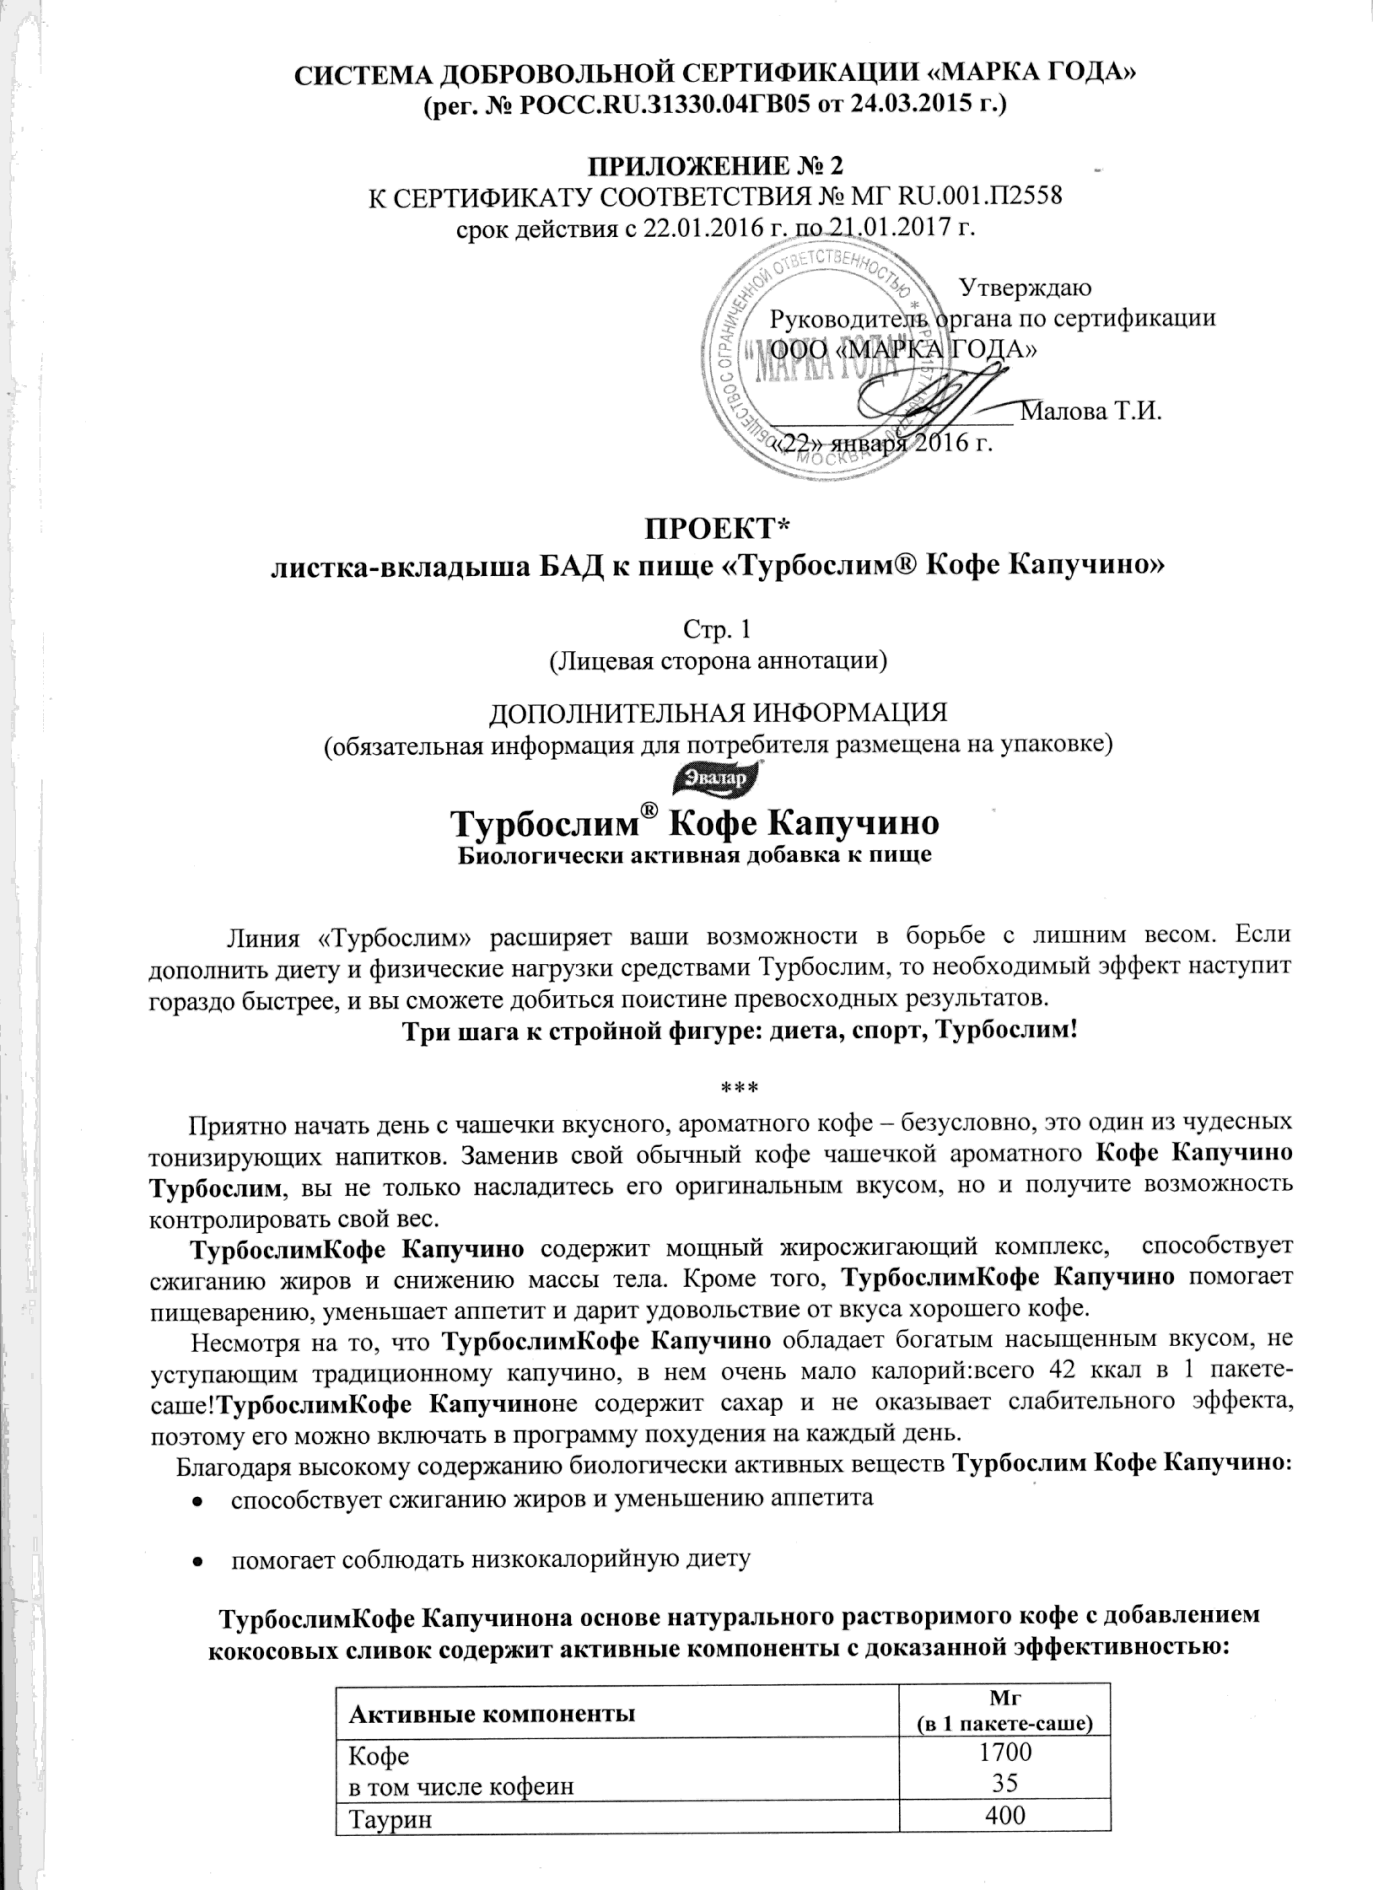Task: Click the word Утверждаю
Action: (1026, 287)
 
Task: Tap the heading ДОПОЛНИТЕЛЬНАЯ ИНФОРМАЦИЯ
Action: (717, 713)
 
